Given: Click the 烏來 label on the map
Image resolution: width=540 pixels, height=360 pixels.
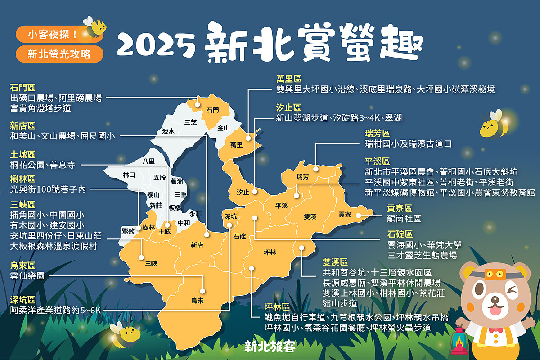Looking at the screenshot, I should (197, 301).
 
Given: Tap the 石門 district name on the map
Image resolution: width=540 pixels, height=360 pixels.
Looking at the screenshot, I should (212, 110).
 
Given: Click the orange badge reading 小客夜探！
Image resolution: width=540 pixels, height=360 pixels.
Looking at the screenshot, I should (53, 34).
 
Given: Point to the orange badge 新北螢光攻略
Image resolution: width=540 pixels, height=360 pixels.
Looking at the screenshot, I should (59, 54).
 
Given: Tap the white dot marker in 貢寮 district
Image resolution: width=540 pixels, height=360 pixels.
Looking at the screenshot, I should (359, 216).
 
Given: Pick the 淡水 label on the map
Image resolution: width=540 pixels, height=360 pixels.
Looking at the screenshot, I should (168, 131).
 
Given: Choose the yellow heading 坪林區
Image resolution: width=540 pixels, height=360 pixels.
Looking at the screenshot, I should (277, 307).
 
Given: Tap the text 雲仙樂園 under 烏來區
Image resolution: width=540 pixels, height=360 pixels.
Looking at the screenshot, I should (27, 276).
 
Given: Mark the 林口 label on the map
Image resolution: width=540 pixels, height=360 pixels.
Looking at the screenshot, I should (129, 175).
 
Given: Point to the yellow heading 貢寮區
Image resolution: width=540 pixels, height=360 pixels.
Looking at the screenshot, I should (400, 208).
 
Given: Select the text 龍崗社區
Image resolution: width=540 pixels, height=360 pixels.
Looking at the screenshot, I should (404, 219).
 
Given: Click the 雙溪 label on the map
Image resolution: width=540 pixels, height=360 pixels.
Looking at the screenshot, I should (310, 216).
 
